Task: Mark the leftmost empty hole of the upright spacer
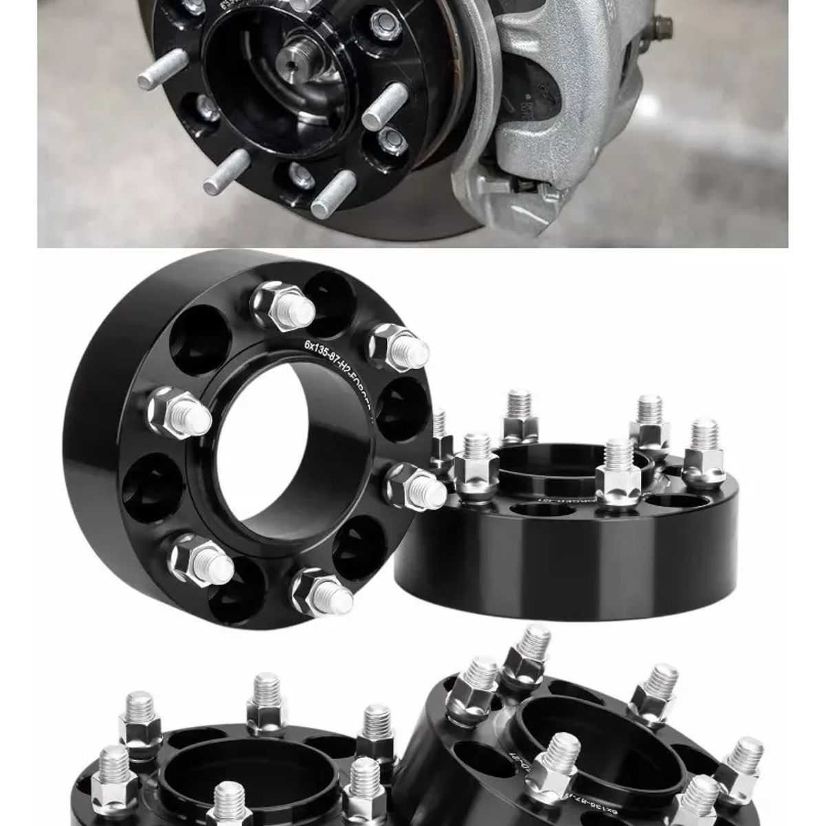pos(145,489)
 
